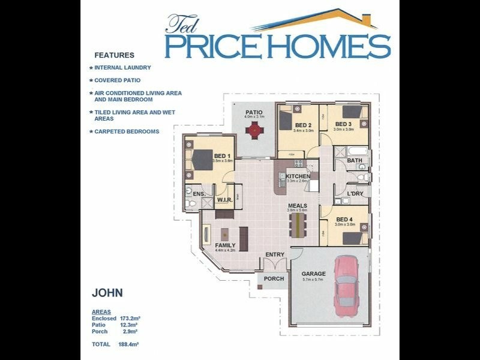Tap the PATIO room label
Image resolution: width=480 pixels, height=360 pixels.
pyautogui.click(x=254, y=112)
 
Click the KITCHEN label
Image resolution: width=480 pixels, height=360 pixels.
pyautogui.click(x=298, y=176)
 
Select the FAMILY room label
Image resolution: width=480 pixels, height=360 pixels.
pyautogui.click(x=226, y=245)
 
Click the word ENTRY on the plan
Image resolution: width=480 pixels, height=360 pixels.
pyautogui.click(x=275, y=254)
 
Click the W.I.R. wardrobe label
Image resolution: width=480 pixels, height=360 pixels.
pyautogui.click(x=224, y=199)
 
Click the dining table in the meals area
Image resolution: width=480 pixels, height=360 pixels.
pyautogui.click(x=296, y=225)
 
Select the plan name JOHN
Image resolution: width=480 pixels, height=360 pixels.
pyautogui.click(x=107, y=294)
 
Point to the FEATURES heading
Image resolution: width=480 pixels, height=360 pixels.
pyautogui.click(x=114, y=55)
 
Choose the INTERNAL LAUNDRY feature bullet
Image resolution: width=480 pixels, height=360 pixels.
pyautogui.click(x=122, y=68)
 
